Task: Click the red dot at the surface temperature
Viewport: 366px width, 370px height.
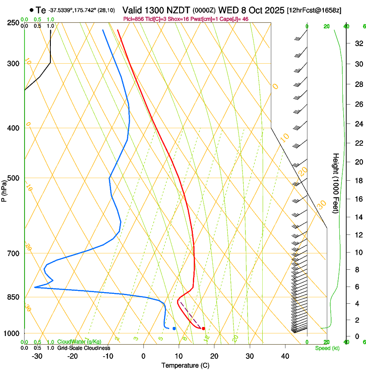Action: pyautogui.click(x=203, y=329)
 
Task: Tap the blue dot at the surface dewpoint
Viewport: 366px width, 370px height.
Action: pyautogui.click(x=174, y=328)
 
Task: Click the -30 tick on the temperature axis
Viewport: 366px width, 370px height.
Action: pyautogui.click(x=37, y=356)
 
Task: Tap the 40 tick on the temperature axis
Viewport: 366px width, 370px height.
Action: pyautogui.click(x=285, y=356)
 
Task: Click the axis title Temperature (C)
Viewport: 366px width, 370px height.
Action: pyautogui.click(x=185, y=366)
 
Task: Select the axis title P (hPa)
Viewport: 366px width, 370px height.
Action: pyautogui.click(x=4, y=189)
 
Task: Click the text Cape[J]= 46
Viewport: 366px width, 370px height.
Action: pyautogui.click(x=236, y=19)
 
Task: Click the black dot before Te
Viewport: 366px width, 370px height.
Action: pyautogui.click(x=31, y=10)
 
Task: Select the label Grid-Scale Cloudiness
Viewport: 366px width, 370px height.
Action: pyautogui.click(x=84, y=348)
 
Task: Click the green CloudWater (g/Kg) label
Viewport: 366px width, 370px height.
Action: pyautogui.click(x=79, y=342)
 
